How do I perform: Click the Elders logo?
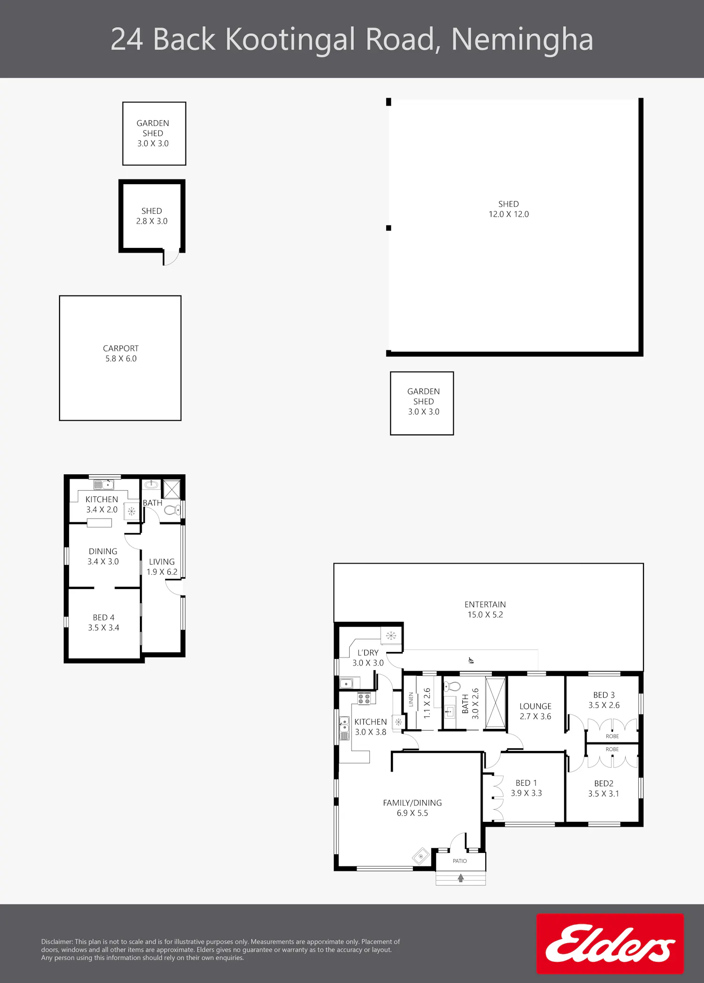tap(610, 943)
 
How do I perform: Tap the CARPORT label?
tap(121, 348)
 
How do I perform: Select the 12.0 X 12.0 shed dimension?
tap(508, 214)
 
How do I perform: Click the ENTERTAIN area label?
tap(485, 604)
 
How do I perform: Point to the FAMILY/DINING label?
tap(412, 803)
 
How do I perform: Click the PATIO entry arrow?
tap(461, 877)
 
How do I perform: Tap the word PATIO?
tap(459, 861)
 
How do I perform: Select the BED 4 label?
tap(103, 618)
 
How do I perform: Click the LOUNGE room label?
tap(535, 706)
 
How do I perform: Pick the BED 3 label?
tap(604, 695)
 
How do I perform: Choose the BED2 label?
tap(604, 783)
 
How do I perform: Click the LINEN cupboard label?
tap(411, 699)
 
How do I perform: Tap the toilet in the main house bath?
tap(452, 686)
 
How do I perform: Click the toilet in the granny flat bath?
tap(172, 510)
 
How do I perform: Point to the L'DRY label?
tap(367, 653)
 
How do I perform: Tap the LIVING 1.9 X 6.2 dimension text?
tap(162, 572)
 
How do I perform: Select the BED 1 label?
tap(526, 783)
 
